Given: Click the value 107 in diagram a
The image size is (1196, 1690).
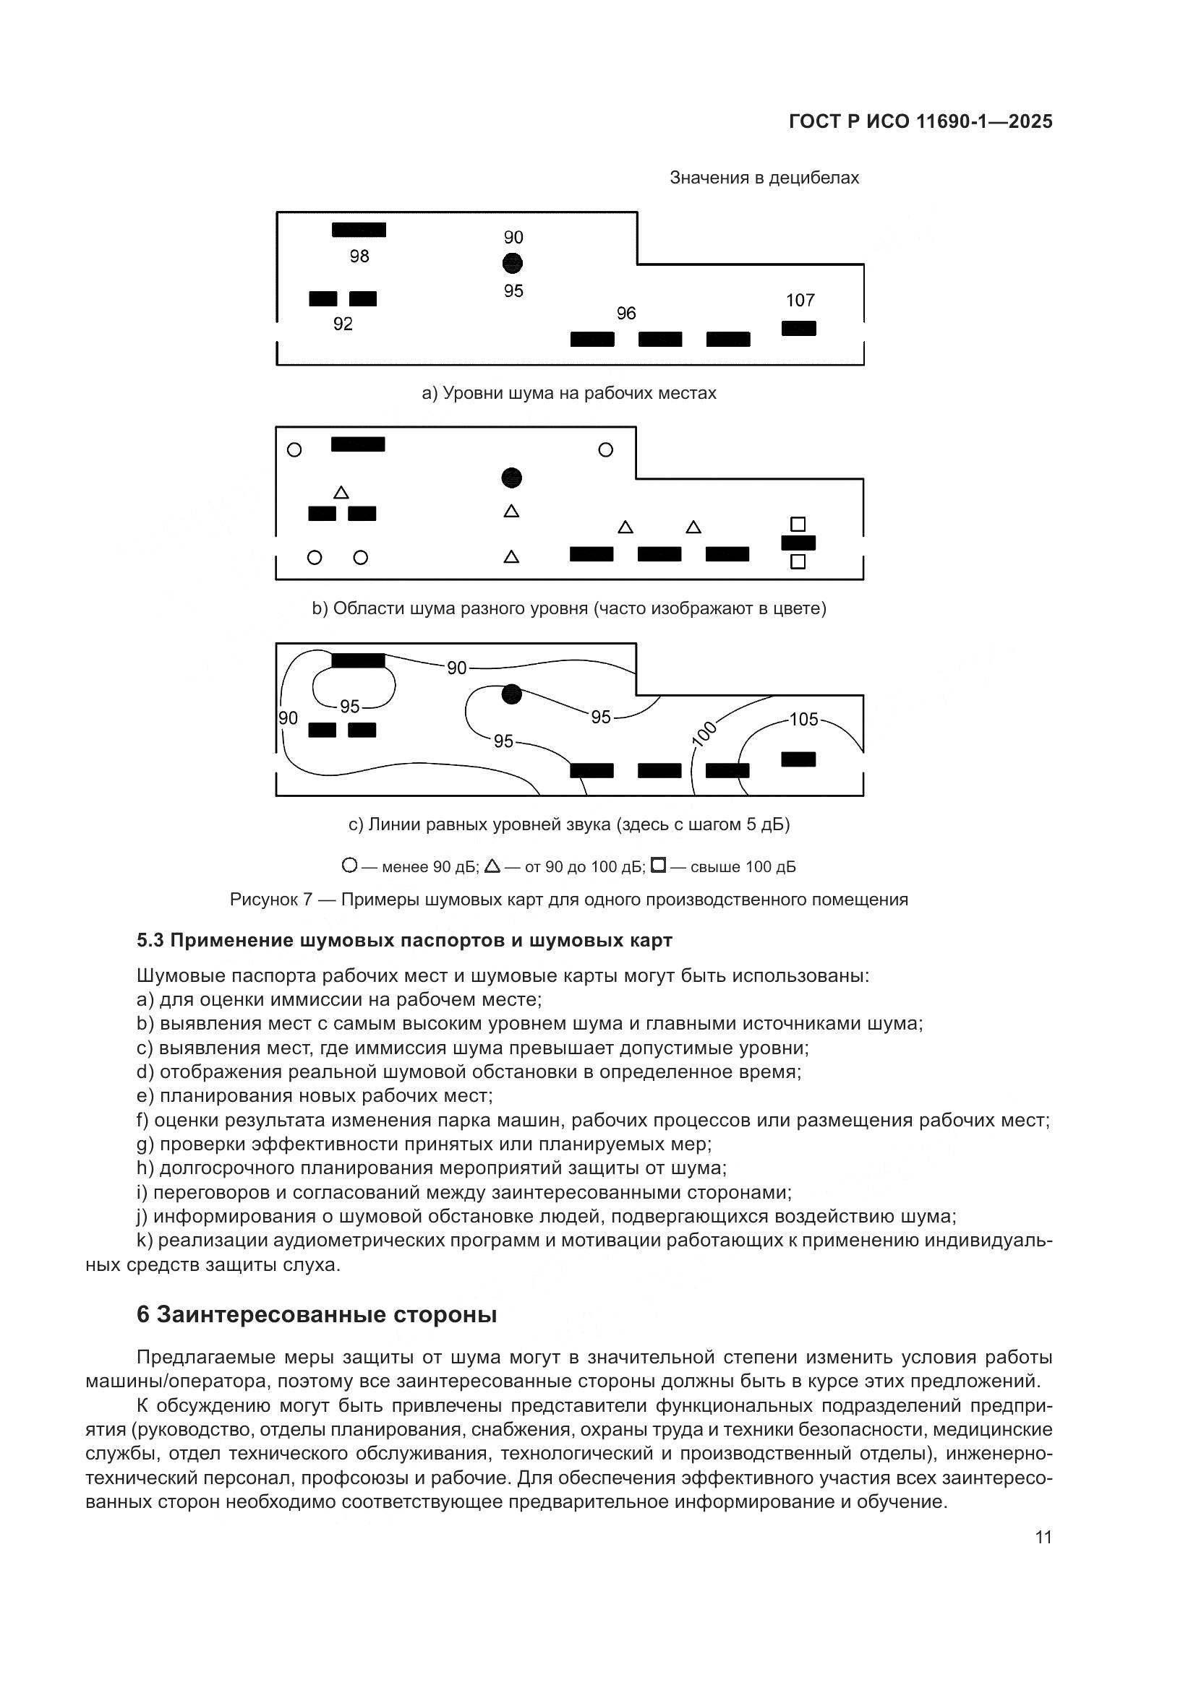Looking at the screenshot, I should tap(800, 301).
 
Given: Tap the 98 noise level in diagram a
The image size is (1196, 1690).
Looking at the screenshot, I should tap(359, 256).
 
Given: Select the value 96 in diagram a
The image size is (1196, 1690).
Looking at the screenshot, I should tap(626, 314).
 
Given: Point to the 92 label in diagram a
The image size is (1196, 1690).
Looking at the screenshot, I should tap(343, 324).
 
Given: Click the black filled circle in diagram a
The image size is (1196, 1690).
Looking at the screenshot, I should tap(513, 263).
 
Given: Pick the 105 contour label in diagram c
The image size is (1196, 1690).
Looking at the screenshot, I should tap(803, 719).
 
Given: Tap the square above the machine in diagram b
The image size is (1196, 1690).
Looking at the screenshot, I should tap(798, 524).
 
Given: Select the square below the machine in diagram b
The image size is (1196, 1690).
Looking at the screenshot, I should tap(798, 561).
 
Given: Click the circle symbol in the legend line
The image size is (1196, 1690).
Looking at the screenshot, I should tap(350, 866).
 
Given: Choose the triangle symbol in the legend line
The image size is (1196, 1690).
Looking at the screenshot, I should tap(492, 866).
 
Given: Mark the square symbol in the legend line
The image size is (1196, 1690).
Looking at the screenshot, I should tap(659, 866).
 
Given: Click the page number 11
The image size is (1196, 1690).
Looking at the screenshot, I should tap(1043, 1538).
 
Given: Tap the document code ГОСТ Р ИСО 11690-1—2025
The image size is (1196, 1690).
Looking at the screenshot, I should tap(921, 121).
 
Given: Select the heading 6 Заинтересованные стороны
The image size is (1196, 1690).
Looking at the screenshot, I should tap(317, 1314).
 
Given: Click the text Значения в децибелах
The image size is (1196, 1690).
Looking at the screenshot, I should tap(764, 178).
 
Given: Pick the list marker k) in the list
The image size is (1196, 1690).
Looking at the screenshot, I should tap(145, 1241).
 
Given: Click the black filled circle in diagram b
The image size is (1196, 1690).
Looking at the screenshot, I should tap(512, 478).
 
